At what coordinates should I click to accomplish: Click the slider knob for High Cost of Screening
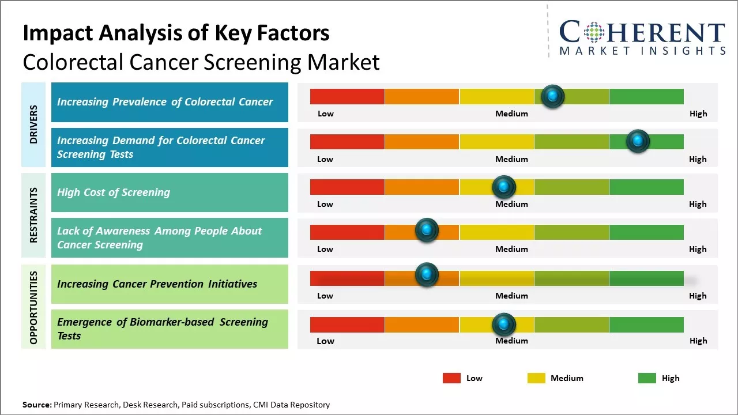(503, 187)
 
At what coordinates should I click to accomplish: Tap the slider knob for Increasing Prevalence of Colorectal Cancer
(553, 96)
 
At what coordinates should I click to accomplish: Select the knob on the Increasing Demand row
(638, 141)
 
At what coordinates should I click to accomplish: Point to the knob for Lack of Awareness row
(427, 231)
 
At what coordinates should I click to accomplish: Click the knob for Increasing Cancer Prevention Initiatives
(427, 275)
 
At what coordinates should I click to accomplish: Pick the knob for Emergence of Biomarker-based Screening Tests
(503, 325)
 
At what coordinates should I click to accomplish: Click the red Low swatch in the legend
(451, 378)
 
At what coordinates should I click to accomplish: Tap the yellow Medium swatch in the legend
(536, 378)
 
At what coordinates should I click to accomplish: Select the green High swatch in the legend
(647, 378)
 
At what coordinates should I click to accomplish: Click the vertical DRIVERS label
(33, 124)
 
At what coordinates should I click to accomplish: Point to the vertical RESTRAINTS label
(33, 215)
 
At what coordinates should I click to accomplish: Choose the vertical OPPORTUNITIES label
(33, 307)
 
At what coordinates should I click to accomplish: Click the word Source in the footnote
(36, 405)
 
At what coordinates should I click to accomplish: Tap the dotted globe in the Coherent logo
(593, 32)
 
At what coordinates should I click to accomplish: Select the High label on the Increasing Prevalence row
(698, 114)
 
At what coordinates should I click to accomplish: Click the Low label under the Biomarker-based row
(325, 341)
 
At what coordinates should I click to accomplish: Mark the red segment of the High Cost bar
(347, 187)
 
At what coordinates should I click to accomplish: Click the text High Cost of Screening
(114, 193)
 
